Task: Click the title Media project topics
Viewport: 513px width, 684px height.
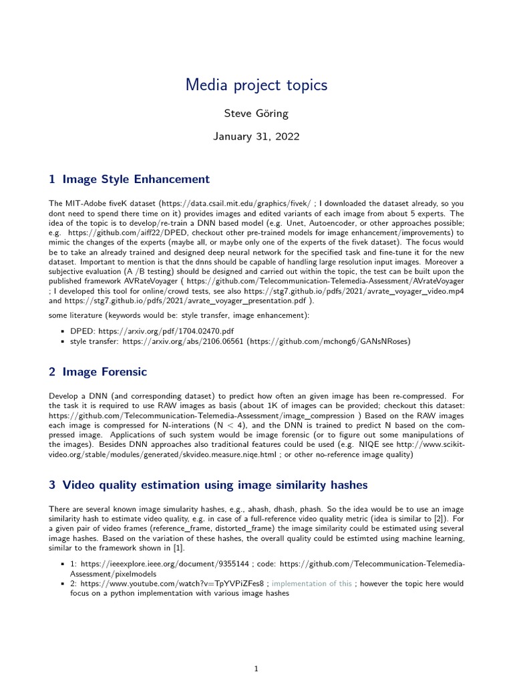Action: pos(256,85)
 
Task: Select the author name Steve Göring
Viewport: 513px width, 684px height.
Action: pos(256,114)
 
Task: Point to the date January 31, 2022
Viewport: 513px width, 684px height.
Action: pos(256,136)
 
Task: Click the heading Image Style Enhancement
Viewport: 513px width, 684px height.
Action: pos(136,179)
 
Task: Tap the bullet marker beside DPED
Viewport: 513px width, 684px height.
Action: pos(62,331)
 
